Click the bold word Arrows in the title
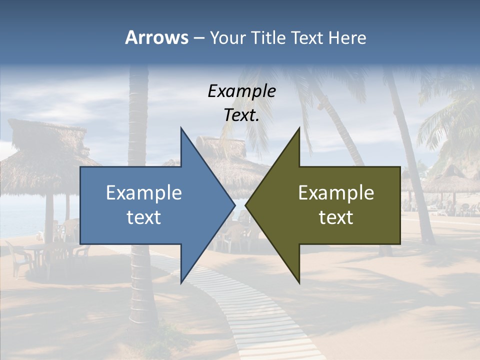click(x=156, y=37)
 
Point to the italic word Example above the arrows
click(x=241, y=91)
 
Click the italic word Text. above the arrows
click(x=241, y=115)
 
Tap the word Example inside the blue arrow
click(x=144, y=192)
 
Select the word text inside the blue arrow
click(x=144, y=217)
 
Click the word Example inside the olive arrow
click(x=336, y=192)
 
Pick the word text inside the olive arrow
click(x=336, y=217)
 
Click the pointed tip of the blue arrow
click(x=234, y=205)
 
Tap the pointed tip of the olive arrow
click(x=246, y=205)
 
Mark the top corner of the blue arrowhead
click(x=181, y=128)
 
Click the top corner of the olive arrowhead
click(x=299, y=128)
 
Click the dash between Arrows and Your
click(x=198, y=38)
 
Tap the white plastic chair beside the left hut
click(x=17, y=257)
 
